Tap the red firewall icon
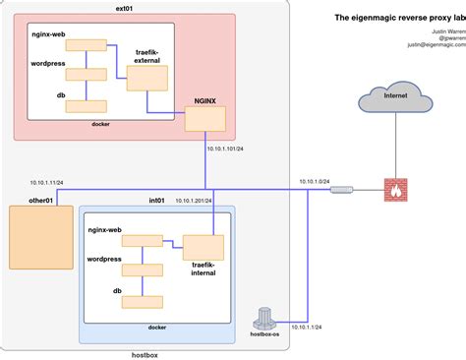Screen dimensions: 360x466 [x=397, y=190]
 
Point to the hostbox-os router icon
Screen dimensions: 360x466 [x=263, y=318]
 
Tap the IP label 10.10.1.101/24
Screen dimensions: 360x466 [x=226, y=150]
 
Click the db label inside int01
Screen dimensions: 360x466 [x=117, y=291]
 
